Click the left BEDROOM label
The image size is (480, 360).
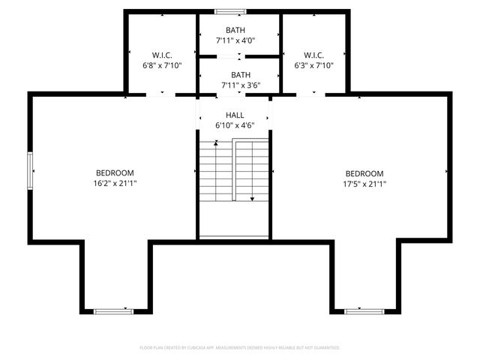tap(114, 172)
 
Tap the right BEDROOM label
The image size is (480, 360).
tap(364, 173)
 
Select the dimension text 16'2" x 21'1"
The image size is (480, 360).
tap(114, 183)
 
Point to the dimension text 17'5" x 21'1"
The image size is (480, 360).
tap(364, 184)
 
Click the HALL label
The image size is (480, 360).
tap(235, 115)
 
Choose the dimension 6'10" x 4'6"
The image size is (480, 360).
tap(235, 125)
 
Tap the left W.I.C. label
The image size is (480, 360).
tap(163, 55)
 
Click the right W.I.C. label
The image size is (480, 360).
tap(313, 55)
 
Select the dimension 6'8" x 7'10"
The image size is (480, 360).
tap(163, 65)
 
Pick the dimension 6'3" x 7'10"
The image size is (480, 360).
tap(313, 65)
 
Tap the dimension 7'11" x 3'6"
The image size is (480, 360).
tap(240, 85)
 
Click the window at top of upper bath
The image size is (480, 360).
tap(229, 11)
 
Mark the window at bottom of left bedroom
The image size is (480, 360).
tap(114, 310)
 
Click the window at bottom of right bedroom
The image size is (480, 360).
tap(364, 310)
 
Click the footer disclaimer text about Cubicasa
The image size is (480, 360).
tap(240, 348)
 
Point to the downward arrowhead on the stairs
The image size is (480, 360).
tap(252, 199)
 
